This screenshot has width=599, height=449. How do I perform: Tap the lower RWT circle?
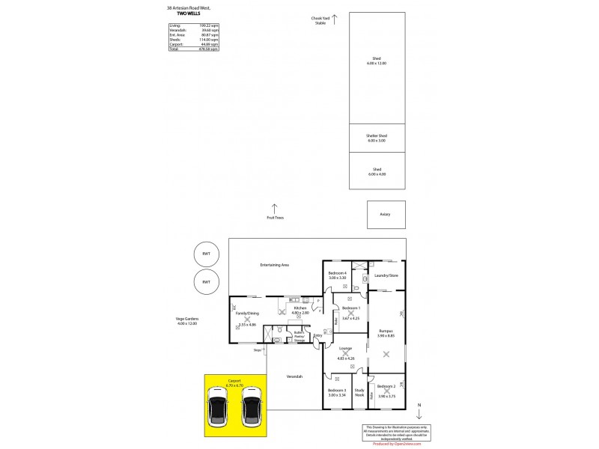click(x=206, y=282)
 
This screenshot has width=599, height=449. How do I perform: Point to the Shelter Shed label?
click(x=377, y=138)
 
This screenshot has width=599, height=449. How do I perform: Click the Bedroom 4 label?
click(x=338, y=275)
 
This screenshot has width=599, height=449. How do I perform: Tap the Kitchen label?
click(x=300, y=310)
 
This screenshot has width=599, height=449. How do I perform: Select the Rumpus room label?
click(x=386, y=332)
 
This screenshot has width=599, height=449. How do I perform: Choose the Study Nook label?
click(x=359, y=391)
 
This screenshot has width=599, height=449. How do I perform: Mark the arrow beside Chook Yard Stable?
click(x=335, y=16)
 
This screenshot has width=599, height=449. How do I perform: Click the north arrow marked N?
click(x=419, y=411)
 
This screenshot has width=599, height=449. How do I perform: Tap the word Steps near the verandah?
click(x=257, y=349)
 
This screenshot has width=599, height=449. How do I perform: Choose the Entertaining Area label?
click(x=275, y=265)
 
